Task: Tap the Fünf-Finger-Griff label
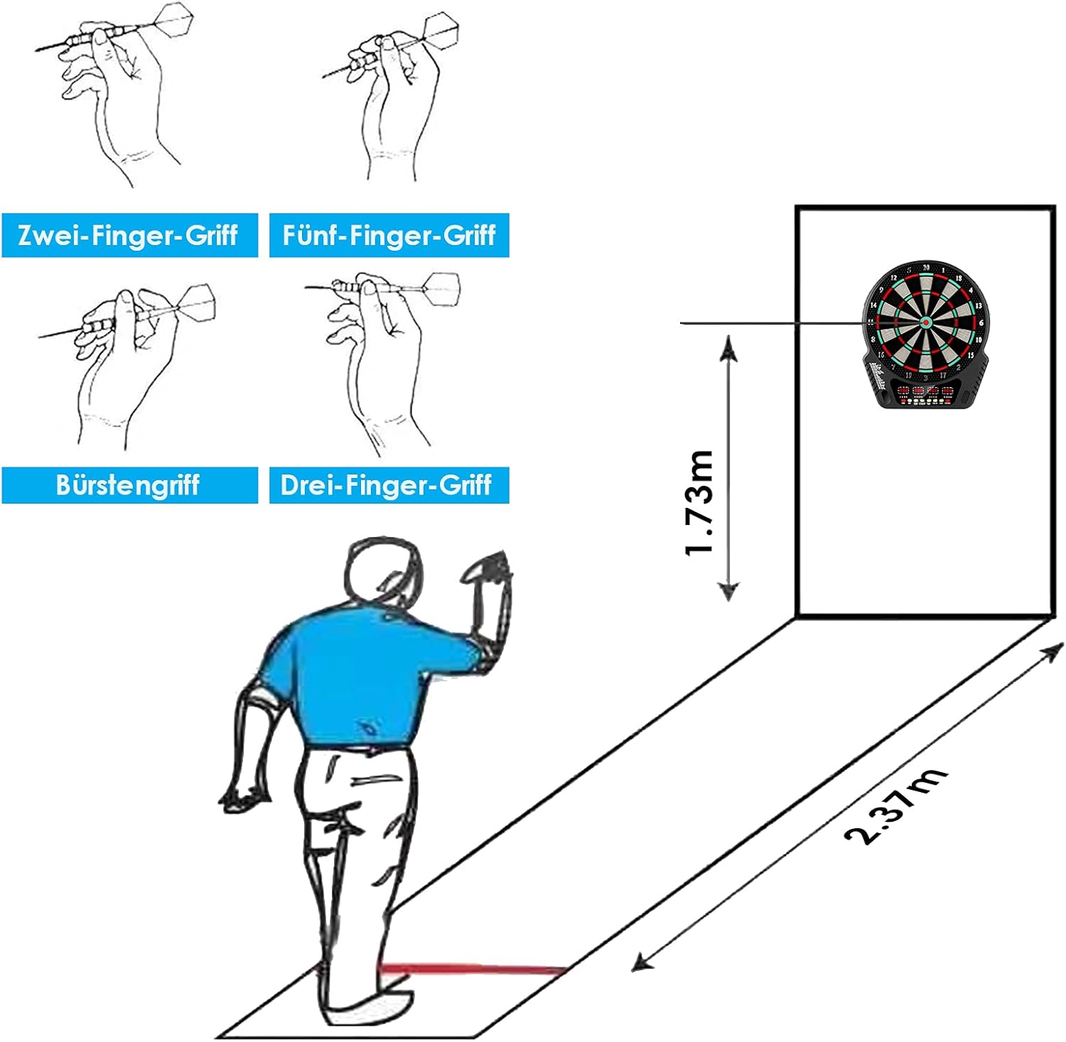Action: coord(389,235)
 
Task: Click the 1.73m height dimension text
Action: coord(699,503)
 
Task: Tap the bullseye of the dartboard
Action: coord(926,322)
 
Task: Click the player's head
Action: coord(382,574)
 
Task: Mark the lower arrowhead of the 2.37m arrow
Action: coord(642,962)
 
